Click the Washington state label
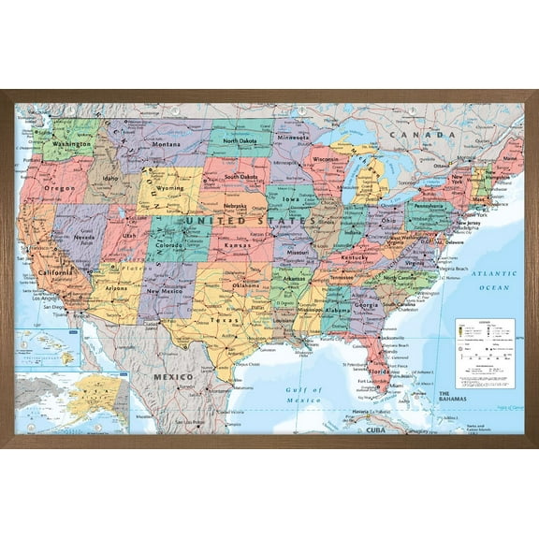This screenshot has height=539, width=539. (x=72, y=144)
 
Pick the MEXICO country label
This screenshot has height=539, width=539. (x=174, y=376)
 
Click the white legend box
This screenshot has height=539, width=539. (x=485, y=353)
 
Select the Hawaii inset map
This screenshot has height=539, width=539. (x=48, y=348)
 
